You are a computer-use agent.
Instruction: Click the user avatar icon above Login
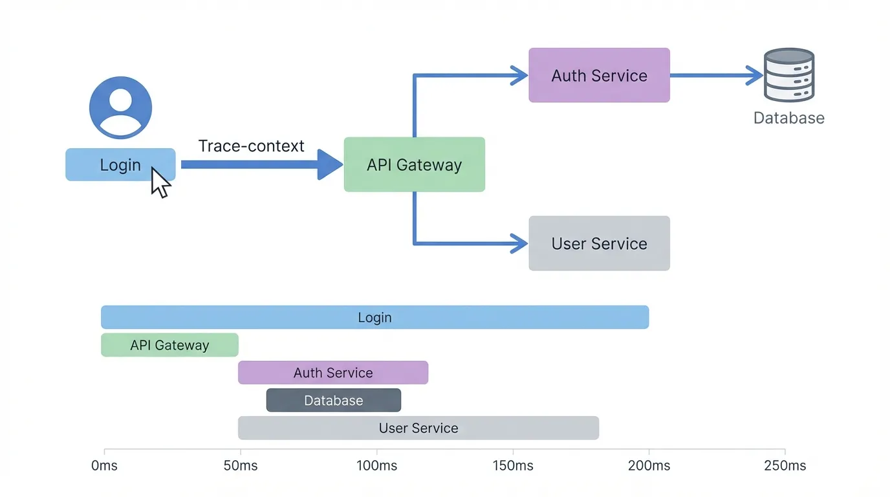[120, 107]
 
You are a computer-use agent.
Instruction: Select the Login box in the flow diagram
[120, 164]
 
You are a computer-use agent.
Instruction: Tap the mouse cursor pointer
[160, 182]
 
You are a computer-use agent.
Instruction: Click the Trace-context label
[251, 146]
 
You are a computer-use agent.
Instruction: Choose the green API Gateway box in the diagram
[414, 164]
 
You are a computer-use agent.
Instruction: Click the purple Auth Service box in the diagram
[599, 75]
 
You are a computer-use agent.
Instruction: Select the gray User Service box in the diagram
[599, 243]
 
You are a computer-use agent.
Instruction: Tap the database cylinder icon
[788, 75]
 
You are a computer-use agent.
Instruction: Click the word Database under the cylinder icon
[788, 118]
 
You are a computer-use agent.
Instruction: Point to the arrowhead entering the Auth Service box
[520, 75]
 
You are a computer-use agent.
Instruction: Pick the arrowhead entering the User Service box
[520, 243]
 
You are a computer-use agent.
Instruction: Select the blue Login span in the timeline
[374, 317]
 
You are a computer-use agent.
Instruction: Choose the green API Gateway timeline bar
[169, 345]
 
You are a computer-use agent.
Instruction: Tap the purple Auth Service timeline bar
[333, 373]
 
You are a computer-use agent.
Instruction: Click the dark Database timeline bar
[333, 401]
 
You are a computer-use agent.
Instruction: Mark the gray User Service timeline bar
[418, 428]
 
